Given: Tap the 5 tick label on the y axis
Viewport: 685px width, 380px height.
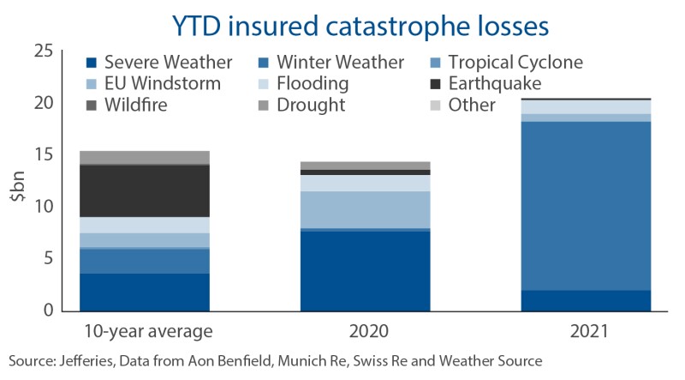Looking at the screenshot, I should (x=48, y=259).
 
